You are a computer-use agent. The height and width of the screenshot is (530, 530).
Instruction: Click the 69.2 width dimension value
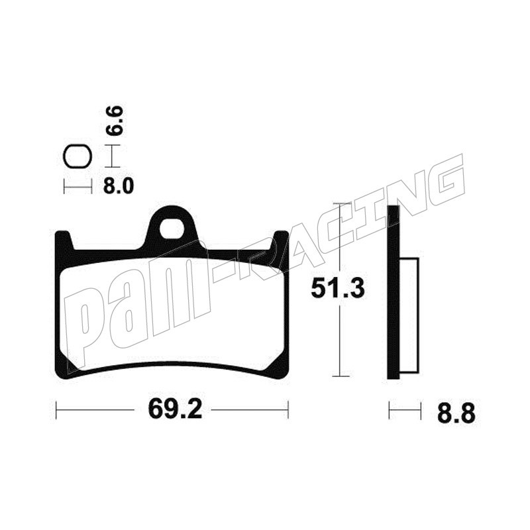(x=175, y=410)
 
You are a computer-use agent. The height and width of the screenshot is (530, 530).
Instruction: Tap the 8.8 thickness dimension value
(x=456, y=413)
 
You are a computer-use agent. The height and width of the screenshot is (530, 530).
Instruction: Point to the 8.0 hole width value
(x=119, y=185)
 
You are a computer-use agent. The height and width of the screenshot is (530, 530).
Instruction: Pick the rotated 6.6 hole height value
(x=113, y=121)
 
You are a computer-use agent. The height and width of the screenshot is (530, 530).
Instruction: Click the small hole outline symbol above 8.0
(x=78, y=157)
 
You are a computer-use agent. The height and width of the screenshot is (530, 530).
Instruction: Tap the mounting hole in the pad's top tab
(x=173, y=228)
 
